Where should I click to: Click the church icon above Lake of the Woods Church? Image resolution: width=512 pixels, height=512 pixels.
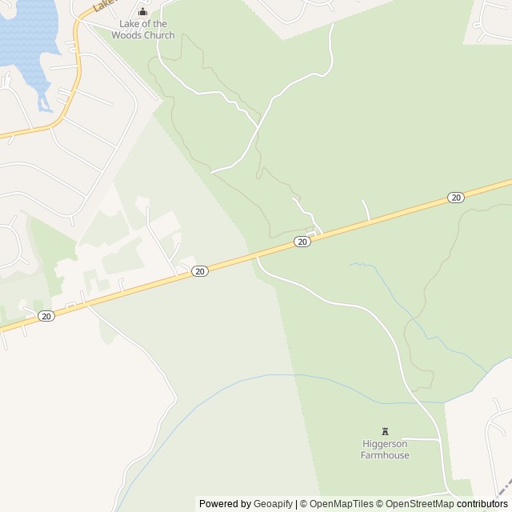143,12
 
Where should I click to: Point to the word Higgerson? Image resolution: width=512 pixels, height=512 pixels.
385,444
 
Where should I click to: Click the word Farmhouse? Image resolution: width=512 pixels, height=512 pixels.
385,455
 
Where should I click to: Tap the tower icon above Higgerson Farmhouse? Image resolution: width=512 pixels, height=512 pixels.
385,431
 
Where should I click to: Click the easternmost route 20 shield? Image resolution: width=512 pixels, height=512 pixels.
455,198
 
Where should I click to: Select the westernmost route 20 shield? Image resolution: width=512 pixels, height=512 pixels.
46,316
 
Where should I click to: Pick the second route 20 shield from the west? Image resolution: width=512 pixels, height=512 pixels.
200,271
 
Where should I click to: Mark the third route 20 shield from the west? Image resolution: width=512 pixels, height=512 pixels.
302,242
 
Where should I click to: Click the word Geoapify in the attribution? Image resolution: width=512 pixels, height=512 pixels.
273,504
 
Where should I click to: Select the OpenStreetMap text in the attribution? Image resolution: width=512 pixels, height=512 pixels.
419,504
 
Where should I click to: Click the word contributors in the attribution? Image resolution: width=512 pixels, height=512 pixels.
482,504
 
